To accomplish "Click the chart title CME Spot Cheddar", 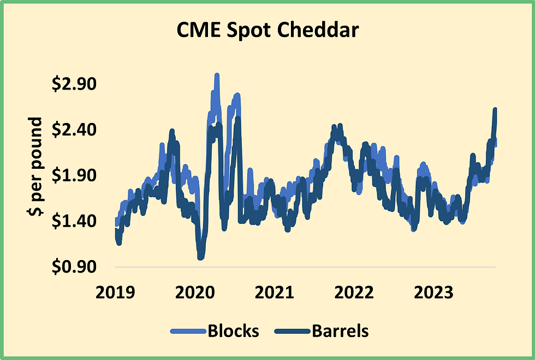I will coord(267,31).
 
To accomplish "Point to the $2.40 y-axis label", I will coord(73,130).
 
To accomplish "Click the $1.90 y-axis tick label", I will coord(73,175).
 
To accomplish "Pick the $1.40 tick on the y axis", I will coord(73,221).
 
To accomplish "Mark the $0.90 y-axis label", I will coord(73,266).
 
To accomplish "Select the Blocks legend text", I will coord(233,331).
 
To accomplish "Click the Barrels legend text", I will coord(340,331).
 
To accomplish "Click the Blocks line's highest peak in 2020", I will coord(217,75).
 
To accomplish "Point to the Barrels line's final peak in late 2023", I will coord(495,110).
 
